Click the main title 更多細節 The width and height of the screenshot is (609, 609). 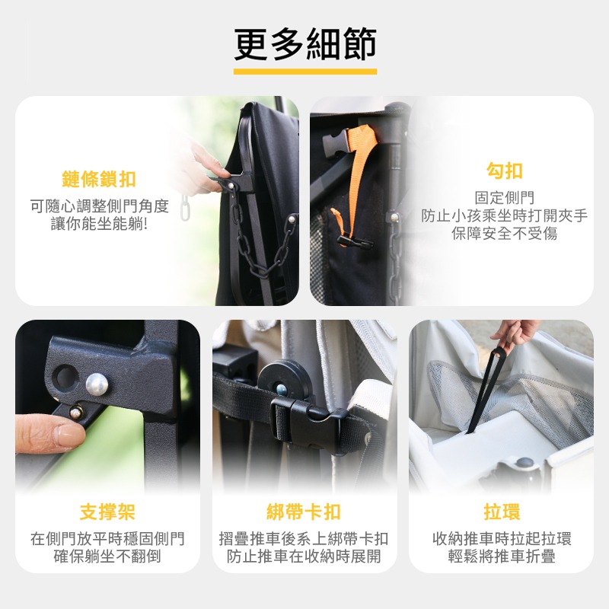coord(304,44)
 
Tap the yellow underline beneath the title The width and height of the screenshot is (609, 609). coord(304,72)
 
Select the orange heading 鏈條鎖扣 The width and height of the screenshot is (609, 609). coord(99,180)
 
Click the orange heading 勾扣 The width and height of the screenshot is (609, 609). coord(504,171)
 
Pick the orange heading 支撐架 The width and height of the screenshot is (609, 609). coord(107,511)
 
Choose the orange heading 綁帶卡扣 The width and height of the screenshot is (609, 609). coord(304,511)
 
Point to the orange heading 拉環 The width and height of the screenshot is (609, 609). coord(502,511)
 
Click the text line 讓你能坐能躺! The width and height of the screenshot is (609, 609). coord(99,224)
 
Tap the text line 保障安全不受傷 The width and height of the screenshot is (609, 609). coord(504,234)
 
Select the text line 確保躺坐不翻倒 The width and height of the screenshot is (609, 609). coord(107,556)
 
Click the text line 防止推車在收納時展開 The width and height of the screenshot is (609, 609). coord(304,556)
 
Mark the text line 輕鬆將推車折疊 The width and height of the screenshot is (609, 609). coord(502,556)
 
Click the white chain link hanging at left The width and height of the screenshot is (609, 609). coord(183,208)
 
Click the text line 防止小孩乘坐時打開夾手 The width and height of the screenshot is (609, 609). coord(504,215)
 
